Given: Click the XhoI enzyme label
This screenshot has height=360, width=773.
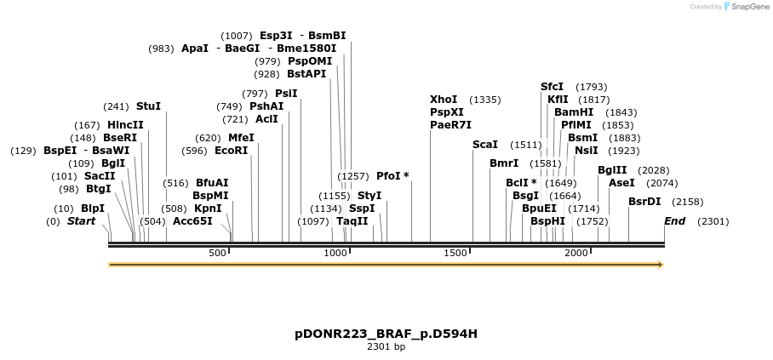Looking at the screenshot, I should pos(444,100).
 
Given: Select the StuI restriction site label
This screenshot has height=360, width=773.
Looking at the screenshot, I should pos(148,106).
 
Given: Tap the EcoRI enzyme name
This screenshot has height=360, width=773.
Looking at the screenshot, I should pos(231,151).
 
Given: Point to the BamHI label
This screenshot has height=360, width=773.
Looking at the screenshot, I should pos(574,112).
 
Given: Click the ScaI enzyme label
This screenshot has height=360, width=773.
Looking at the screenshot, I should pos(485,145).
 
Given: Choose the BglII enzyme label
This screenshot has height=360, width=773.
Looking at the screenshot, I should pos(612,170).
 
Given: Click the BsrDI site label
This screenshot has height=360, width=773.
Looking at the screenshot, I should pos(644,202).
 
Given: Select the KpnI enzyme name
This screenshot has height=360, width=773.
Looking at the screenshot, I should pos(208,208).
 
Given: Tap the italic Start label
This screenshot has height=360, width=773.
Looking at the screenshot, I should pos(81,221).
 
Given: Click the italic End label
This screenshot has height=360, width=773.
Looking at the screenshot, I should pos(675,221).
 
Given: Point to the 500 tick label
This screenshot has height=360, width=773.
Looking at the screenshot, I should pos(217,253).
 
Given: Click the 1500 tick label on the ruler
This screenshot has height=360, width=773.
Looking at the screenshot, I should pos(456,253).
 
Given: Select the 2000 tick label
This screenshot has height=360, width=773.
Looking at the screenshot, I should pos(576,253).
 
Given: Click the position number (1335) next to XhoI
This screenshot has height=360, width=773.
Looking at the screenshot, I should pos(485,100).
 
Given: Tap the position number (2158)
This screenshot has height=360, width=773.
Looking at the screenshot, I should pos(688,202).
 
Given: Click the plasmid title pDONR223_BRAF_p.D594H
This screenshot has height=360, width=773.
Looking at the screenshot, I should pos(386,334).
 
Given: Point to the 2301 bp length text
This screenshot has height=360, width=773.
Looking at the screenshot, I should pos(386,346).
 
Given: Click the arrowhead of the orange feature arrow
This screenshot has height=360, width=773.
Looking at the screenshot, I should pos(659,265).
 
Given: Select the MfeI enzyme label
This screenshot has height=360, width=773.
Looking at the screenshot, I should pos(241,138).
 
